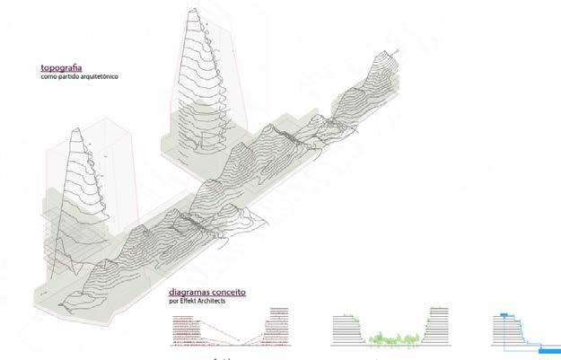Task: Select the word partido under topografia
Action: (x=66, y=77)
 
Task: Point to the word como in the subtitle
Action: (x=48, y=77)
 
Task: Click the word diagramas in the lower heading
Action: (x=190, y=293)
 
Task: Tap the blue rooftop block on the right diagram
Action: (x=505, y=315)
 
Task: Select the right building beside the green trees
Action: (x=438, y=329)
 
